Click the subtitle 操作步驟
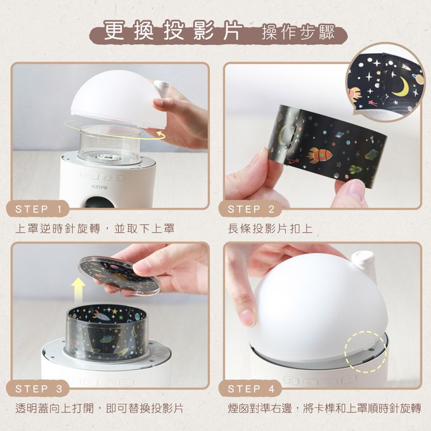[x=298, y=34]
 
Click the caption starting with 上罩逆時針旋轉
[x=95, y=228]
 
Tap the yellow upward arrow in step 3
[x=78, y=290]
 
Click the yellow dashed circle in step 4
[x=366, y=349]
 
